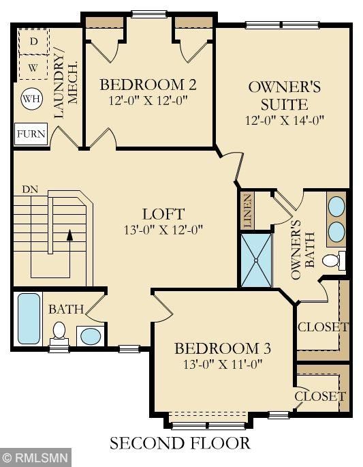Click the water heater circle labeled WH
point(32,99)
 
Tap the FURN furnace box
point(31,134)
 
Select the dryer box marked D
point(33,42)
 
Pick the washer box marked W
point(33,67)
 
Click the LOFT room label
point(163,214)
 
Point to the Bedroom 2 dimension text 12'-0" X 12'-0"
point(148,100)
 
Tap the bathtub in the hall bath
point(29,318)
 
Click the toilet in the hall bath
point(59,333)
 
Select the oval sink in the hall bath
point(91,336)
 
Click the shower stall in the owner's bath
point(256,260)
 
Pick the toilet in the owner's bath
point(334,260)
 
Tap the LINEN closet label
point(248,211)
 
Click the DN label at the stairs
point(30,190)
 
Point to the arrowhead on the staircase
point(69,235)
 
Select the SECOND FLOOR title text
point(180,443)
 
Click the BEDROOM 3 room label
point(223,348)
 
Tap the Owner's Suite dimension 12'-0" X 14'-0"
point(285,120)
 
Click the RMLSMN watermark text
point(37,457)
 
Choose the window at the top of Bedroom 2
point(149,14)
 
